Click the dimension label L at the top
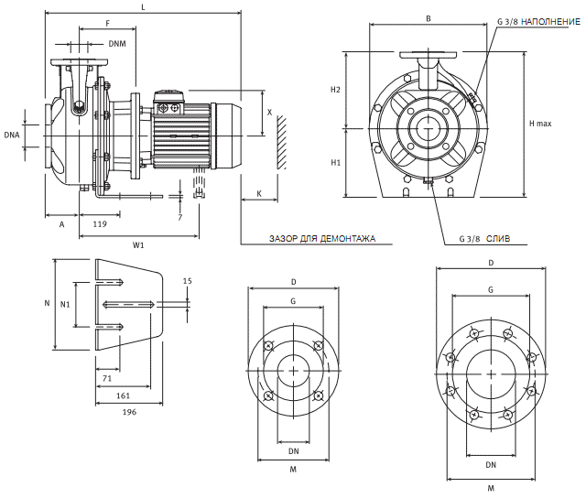point(143,7)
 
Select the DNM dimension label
point(116,43)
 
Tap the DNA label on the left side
point(12,135)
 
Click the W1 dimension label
point(139,244)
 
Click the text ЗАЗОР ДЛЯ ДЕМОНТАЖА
point(321,238)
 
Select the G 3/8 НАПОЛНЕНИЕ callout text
point(539,19)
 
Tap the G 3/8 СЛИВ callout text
point(484,238)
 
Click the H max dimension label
point(540,123)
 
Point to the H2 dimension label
point(335,90)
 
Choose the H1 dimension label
point(335,162)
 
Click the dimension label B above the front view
point(429,18)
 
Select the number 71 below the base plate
point(107,377)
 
